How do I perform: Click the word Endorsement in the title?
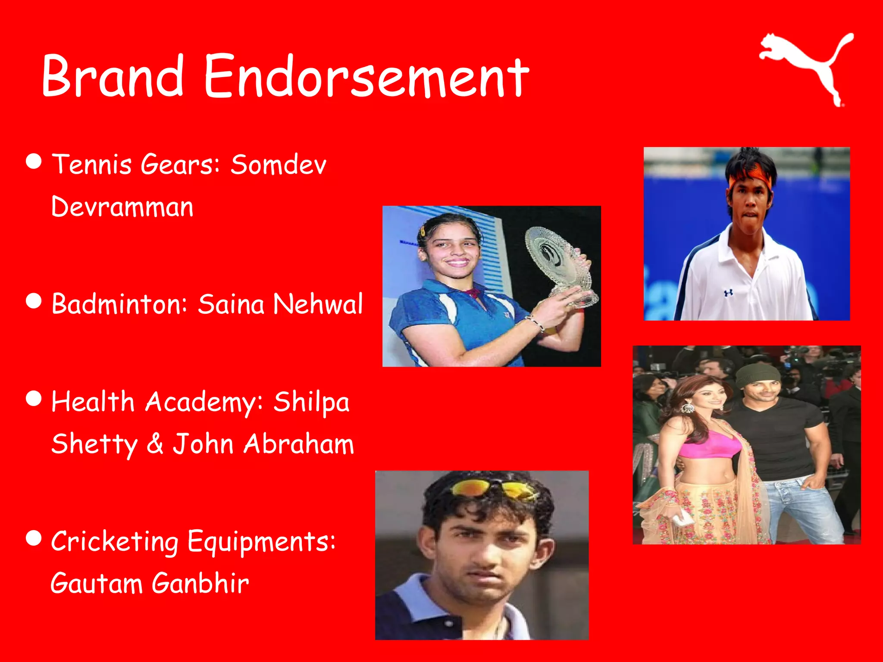pos(366,77)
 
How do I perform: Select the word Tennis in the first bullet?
pos(91,164)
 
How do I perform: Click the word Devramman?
pos(122,206)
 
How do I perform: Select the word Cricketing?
pos(115,541)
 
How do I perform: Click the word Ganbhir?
pos(200,583)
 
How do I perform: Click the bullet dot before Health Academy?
pos(34,399)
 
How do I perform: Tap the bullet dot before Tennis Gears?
pos(34,161)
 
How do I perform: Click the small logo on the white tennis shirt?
pos(728,293)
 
